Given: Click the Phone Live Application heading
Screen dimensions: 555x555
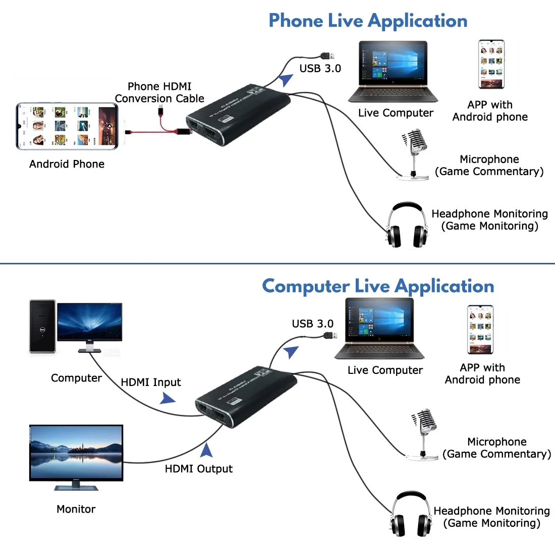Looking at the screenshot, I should point(368,21).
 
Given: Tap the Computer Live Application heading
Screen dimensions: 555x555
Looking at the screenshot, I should point(378,286).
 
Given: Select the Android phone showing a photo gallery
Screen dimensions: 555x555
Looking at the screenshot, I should point(67,126).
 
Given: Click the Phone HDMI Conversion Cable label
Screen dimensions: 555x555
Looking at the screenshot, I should point(159,92).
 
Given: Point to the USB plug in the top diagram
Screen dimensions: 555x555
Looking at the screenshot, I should point(328,55).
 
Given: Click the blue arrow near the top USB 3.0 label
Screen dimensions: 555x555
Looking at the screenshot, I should point(286,80).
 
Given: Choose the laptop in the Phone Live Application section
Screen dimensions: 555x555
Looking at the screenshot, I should point(393,72).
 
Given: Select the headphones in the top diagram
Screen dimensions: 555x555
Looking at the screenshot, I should point(407,226).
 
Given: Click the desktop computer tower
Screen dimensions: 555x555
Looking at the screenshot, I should point(42,326).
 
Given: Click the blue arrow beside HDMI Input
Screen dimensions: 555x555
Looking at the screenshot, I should point(167,399).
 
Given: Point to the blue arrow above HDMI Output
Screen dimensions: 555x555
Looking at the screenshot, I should point(206,450).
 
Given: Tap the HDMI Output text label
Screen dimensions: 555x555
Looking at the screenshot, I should point(198,469).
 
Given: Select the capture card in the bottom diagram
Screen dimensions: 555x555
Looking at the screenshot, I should point(246,397).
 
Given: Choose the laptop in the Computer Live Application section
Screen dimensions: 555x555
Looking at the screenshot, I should point(380,328).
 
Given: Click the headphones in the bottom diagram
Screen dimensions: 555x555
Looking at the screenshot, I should point(411,515).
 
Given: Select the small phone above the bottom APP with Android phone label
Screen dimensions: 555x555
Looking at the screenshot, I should point(480,329).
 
